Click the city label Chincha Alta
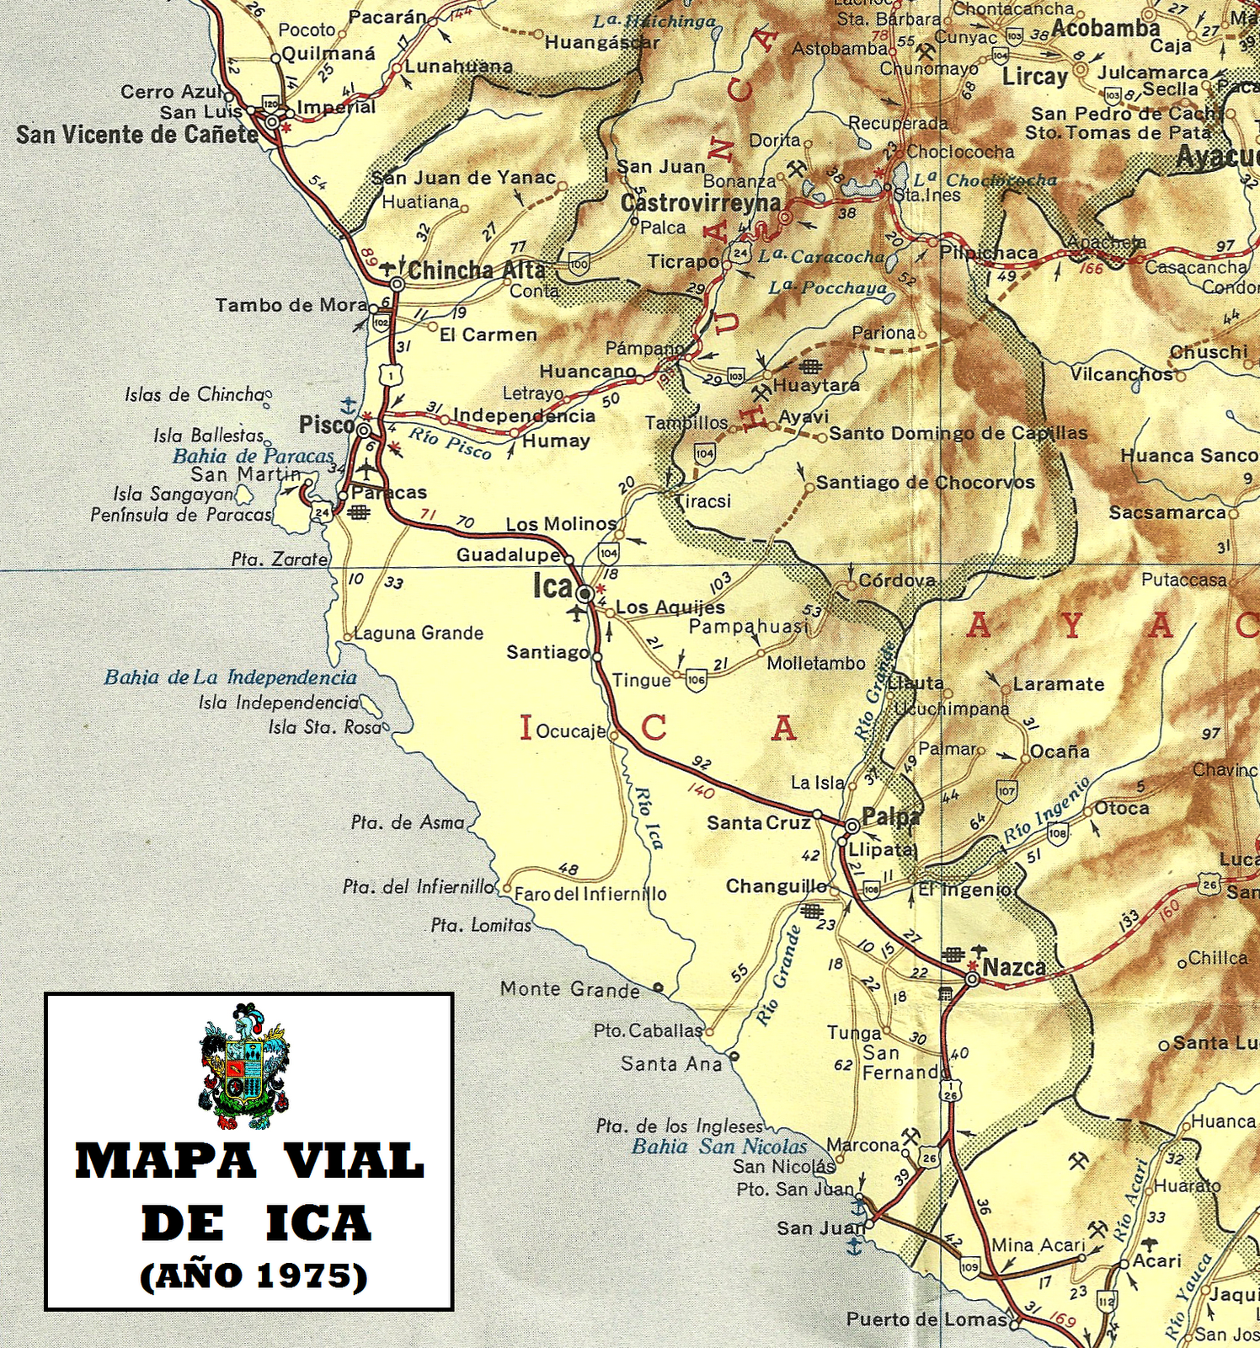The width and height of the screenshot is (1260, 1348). click(x=476, y=270)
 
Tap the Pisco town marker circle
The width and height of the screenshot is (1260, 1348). click(x=364, y=431)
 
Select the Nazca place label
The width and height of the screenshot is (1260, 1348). click(x=1014, y=967)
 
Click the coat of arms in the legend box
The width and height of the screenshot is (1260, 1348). click(x=245, y=1066)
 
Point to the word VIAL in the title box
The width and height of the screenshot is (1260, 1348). click(x=354, y=1161)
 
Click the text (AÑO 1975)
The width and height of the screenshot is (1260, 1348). click(x=254, y=1276)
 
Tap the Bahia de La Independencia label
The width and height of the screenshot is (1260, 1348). click(x=231, y=677)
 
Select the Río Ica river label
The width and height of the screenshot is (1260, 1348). click(x=649, y=817)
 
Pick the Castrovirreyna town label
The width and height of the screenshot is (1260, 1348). click(x=701, y=203)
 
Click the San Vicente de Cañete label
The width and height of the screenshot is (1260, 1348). click(x=137, y=135)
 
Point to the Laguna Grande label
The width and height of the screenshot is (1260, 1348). click(x=419, y=633)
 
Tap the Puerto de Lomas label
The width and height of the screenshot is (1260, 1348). click(x=926, y=1319)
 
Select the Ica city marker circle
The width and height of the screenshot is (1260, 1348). click(x=585, y=593)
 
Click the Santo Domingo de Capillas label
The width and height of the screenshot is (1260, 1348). click(x=958, y=433)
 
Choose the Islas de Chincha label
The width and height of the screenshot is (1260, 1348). click(x=195, y=394)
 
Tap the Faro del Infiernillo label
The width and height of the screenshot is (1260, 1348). click(x=590, y=894)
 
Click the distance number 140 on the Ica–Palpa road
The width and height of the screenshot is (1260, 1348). click(x=701, y=791)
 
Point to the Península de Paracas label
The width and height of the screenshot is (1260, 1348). click(x=181, y=514)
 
